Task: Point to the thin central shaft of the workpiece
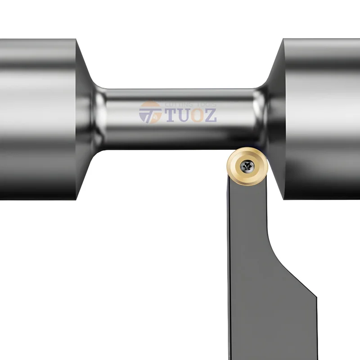pos(180,130)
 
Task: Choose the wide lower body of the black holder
pos(270,315)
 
